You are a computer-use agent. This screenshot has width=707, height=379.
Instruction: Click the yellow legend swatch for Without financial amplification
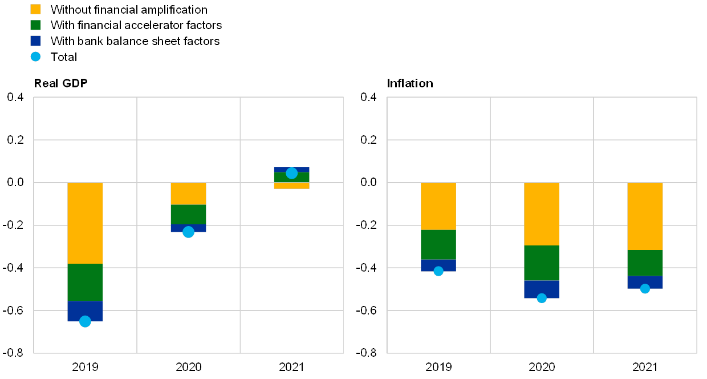(35, 9)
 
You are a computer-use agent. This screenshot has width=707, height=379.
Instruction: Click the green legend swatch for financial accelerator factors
(35, 25)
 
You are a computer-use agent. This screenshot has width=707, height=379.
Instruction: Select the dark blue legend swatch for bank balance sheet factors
(35, 41)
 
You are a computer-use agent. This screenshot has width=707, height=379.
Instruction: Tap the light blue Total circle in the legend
(35, 57)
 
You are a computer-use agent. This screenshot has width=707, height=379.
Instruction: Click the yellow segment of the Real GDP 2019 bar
(85, 223)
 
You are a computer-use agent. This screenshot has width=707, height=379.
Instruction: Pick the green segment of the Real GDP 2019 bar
(85, 282)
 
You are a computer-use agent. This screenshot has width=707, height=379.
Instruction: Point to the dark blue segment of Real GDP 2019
(85, 311)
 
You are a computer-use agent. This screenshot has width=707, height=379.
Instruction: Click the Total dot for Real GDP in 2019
(85, 321)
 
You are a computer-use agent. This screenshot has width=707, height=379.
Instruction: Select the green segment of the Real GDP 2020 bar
(188, 214)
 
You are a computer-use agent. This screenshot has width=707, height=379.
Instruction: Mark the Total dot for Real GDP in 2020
(188, 232)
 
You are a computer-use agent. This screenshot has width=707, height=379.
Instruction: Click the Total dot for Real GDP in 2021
(291, 173)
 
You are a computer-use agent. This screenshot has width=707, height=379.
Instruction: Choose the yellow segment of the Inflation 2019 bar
(438, 206)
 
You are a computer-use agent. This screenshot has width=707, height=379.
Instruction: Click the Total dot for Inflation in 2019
(438, 271)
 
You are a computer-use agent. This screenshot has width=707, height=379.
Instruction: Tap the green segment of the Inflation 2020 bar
(542, 263)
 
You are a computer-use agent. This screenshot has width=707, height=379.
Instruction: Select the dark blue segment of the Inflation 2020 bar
(542, 289)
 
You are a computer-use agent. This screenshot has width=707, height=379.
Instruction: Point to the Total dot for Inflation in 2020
(542, 298)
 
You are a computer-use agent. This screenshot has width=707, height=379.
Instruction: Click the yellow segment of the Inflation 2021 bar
(645, 216)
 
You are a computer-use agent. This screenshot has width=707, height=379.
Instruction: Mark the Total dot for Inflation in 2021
(645, 289)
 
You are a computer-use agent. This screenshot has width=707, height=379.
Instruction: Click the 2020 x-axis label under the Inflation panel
(542, 366)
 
